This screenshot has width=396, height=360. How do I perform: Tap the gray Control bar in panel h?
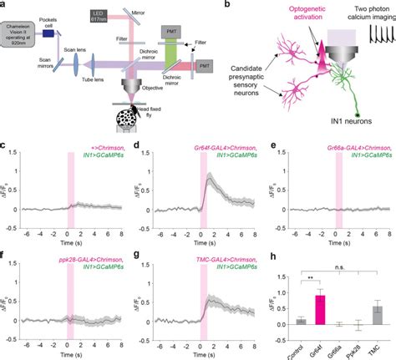coord(300,321)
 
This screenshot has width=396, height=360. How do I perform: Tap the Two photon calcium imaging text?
coord(363,11)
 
